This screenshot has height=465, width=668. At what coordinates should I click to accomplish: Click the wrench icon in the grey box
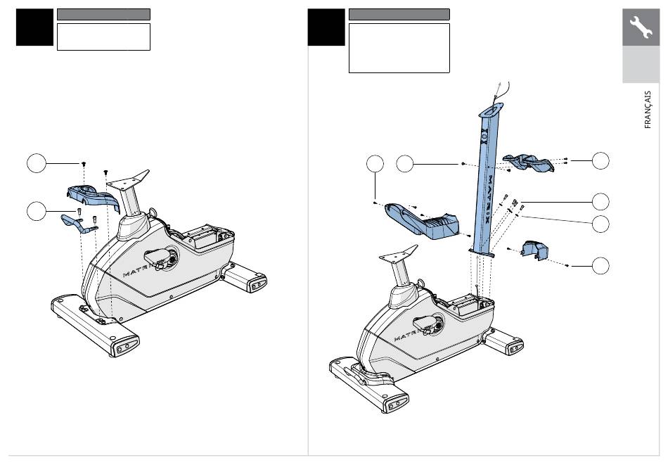[x=641, y=27]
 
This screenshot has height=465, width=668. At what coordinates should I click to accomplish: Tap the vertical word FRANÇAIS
[x=648, y=110]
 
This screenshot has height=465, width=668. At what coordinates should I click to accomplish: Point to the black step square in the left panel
[x=34, y=27]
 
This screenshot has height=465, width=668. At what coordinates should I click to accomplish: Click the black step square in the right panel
[x=326, y=27]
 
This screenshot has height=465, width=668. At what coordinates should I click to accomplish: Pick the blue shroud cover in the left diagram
[x=92, y=196]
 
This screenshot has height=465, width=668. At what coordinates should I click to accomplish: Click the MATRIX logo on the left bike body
[x=136, y=272]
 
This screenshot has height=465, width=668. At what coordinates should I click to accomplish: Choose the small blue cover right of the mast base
[x=534, y=250]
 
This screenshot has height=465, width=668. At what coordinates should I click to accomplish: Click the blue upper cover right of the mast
[x=528, y=163]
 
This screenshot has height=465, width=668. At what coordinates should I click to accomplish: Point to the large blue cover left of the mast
[x=422, y=221]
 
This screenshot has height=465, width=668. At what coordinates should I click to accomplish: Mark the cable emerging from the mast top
[x=503, y=91]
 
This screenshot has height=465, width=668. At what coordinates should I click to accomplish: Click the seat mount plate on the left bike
[x=128, y=180]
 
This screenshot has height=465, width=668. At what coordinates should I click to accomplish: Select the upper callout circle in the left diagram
[x=36, y=163]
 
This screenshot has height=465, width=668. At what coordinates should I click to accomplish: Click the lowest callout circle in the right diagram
[x=600, y=265]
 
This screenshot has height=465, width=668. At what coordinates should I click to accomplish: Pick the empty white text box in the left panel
[x=103, y=37]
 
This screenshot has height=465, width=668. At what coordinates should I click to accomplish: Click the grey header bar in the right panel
[x=399, y=15]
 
